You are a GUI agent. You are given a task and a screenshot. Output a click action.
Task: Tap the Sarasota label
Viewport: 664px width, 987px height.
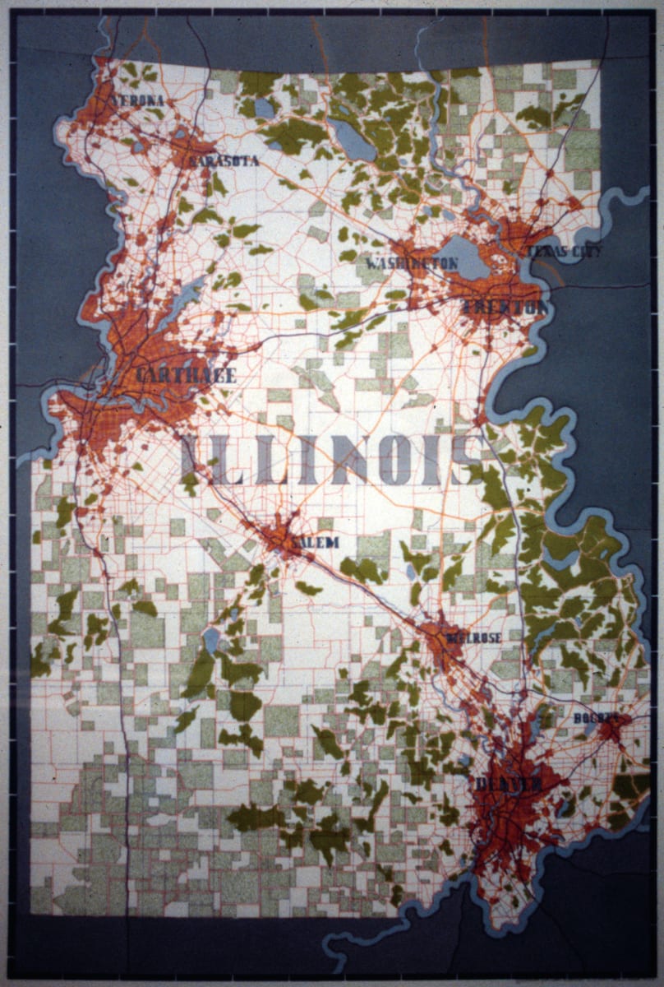224,161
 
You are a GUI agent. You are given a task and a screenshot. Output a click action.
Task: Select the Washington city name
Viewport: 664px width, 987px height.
412,263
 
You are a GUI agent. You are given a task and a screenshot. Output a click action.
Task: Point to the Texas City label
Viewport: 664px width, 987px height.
564,251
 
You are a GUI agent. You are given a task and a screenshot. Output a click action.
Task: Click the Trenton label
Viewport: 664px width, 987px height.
505,308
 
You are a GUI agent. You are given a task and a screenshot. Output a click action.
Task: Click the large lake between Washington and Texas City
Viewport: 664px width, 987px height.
463,257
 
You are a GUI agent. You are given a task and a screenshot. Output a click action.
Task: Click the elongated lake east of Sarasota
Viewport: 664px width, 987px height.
351,140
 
